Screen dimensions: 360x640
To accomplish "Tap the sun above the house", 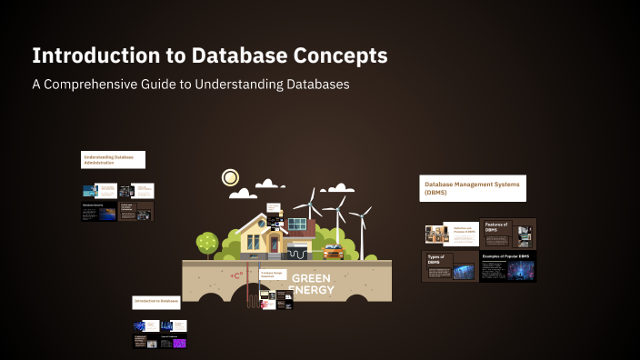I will pyautogui.click(x=231, y=176).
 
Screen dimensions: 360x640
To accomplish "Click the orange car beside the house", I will pyautogui.click(x=333, y=252).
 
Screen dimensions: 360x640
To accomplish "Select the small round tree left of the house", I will pyautogui.click(x=207, y=242).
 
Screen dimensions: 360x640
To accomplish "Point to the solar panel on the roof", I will pyautogui.click(x=297, y=222).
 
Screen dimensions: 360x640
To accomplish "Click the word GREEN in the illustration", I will pyautogui.click(x=312, y=278).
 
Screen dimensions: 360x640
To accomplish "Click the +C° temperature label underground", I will pyautogui.click(x=237, y=275).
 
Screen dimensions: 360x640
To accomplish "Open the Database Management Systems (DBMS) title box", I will pyautogui.click(x=473, y=188).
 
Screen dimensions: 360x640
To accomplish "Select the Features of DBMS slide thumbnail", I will pyautogui.click(x=507, y=234).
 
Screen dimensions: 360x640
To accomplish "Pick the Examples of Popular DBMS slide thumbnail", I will pyautogui.click(x=507, y=265).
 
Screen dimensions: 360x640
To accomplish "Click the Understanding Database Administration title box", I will pyautogui.click(x=114, y=159).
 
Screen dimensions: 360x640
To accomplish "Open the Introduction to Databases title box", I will pyautogui.click(x=155, y=301).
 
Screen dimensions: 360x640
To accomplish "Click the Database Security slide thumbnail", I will pyautogui.click(x=99, y=212).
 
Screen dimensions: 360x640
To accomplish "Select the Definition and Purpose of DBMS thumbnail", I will pyautogui.click(x=451, y=234).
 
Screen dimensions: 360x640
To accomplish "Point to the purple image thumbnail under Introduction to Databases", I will pyautogui.click(x=180, y=343).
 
